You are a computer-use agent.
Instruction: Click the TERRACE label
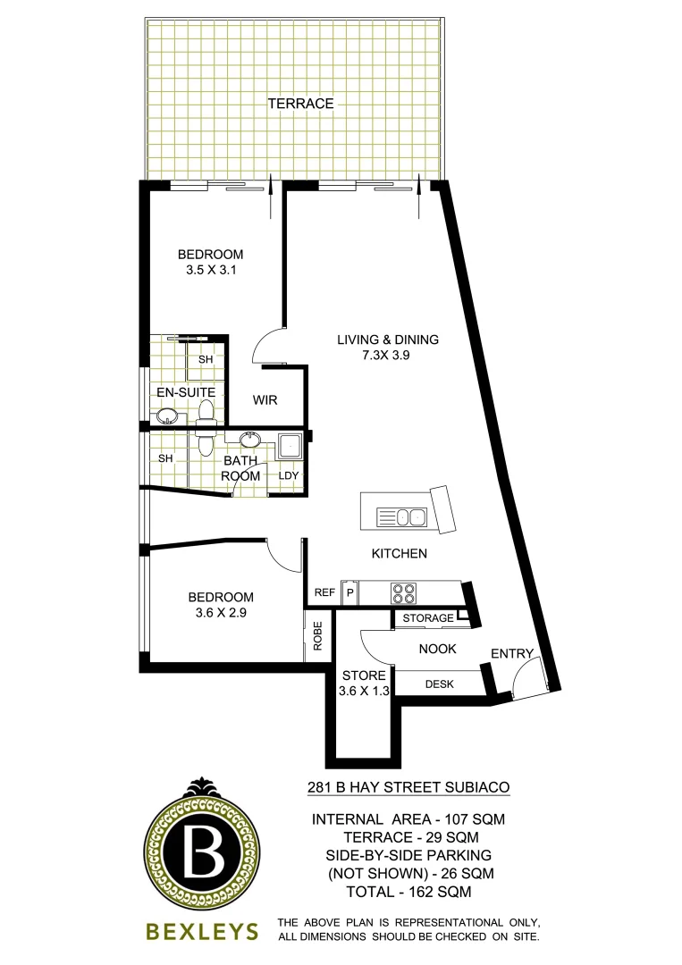tap(300, 104)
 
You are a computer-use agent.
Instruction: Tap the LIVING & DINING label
tap(388, 340)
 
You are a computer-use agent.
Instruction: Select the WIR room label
tap(265, 400)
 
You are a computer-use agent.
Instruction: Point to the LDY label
tap(288, 475)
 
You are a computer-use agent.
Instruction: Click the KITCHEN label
tap(400, 554)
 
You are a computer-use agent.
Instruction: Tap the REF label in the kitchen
tap(324, 593)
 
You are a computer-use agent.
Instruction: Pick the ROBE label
tap(317, 636)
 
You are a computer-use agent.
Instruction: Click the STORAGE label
tap(426, 618)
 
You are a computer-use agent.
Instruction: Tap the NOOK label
tap(438, 650)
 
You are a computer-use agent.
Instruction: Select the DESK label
tap(439, 684)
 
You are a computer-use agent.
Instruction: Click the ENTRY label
tap(511, 654)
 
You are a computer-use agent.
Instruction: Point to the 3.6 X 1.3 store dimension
tap(363, 691)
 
